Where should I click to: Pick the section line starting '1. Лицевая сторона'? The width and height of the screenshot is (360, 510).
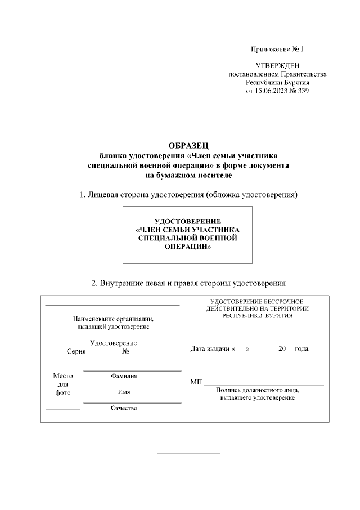point(188,195)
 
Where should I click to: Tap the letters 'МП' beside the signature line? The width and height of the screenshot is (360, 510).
point(196,383)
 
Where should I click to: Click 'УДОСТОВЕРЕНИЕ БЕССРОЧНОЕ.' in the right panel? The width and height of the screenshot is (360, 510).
point(257,302)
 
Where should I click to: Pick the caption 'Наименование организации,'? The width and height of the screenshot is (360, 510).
point(113,319)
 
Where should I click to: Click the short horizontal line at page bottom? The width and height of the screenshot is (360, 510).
point(188,453)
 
